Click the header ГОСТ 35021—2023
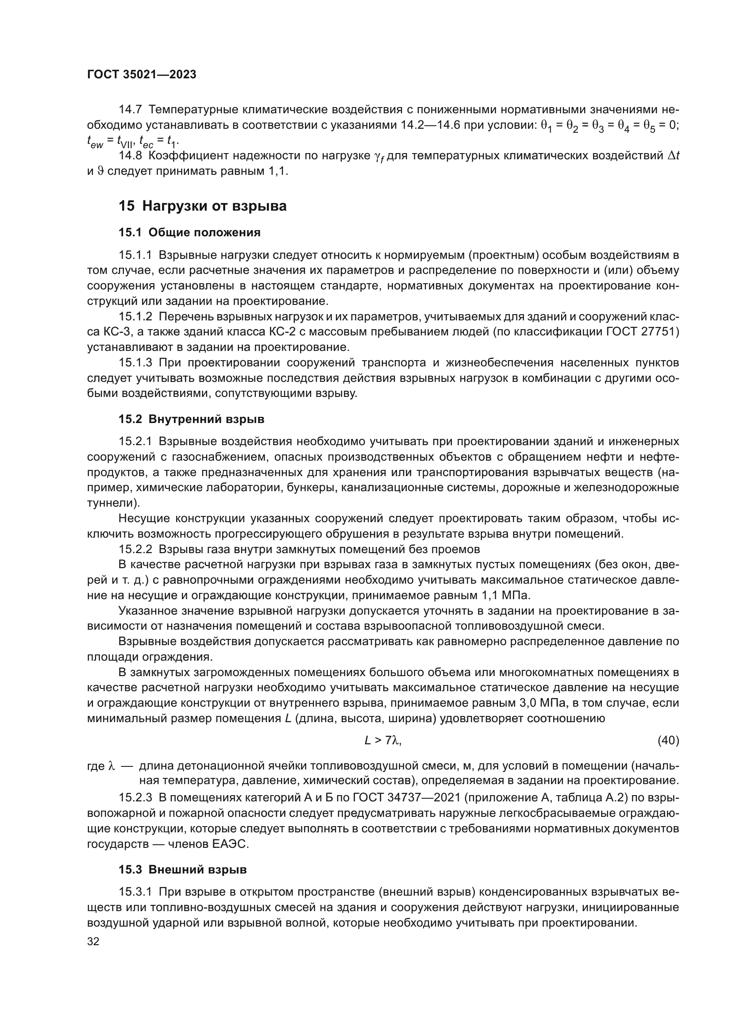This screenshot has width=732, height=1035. tap(142, 75)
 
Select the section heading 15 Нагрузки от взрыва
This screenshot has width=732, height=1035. tap(202, 206)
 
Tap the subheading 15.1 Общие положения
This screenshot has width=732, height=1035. tap(189, 233)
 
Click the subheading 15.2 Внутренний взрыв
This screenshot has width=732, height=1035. tap(191, 419)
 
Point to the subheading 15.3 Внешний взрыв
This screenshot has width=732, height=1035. tap(182, 870)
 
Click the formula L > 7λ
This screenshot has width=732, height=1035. tap(383, 740)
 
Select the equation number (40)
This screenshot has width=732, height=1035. tap(668, 740)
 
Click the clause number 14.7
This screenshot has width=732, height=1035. tap(130, 110)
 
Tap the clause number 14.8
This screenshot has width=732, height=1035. tap(130, 156)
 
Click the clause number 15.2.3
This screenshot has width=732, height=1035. tap(135, 798)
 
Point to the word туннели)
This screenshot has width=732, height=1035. tap(108, 503)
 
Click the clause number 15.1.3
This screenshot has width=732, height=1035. tap(135, 363)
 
